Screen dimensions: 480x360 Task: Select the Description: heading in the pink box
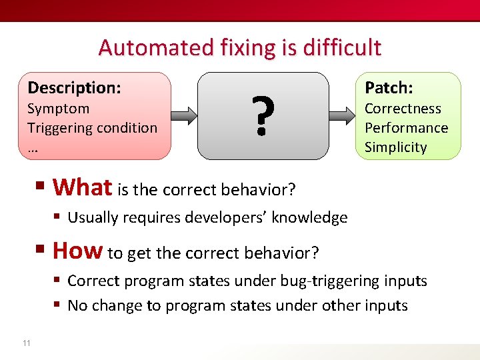pyautogui.click(x=74, y=87)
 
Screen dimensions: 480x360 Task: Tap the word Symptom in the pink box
pyautogui.click(x=59, y=108)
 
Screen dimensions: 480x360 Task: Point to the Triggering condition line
pyautogui.click(x=92, y=127)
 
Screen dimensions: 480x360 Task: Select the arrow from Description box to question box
pyautogui.click(x=185, y=115)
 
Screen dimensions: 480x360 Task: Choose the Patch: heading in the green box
pyautogui.click(x=389, y=88)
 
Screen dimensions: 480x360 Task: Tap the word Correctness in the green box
pyautogui.click(x=403, y=108)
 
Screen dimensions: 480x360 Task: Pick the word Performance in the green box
pyautogui.click(x=406, y=127)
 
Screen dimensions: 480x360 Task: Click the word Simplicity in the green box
pyautogui.click(x=395, y=147)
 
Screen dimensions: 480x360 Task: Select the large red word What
pyautogui.click(x=82, y=187)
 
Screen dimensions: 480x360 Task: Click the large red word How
pyautogui.click(x=77, y=251)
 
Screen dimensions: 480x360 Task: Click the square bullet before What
pyautogui.click(x=43, y=188)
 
